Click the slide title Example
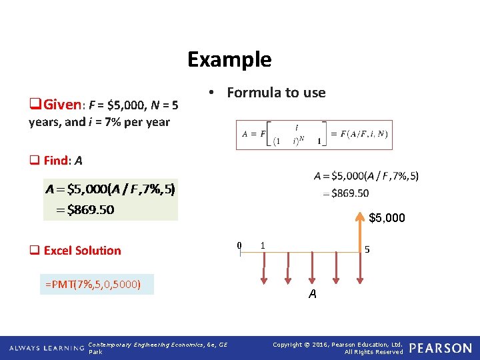click(229, 59)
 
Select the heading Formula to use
click(276, 93)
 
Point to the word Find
click(56, 160)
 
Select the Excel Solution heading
click(82, 251)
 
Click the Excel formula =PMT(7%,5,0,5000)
click(93, 284)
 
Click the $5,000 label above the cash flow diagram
click(387, 218)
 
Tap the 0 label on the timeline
click(239, 245)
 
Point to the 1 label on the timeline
click(263, 245)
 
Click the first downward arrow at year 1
click(264, 267)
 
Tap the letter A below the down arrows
click(312, 294)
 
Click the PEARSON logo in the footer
click(441, 348)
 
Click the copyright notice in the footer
click(338, 348)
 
